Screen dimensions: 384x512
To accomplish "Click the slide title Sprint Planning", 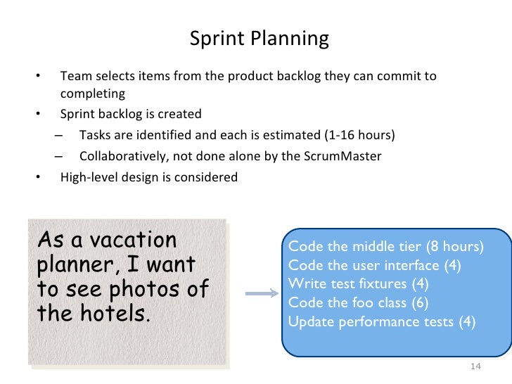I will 259,39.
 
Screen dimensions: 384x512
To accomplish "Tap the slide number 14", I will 474,367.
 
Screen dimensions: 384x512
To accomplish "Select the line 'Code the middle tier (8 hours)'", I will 386,247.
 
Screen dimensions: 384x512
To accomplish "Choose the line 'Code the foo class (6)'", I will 359,303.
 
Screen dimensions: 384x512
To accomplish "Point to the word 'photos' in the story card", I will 158,288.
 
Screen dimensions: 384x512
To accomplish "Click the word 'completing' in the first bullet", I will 92,94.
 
